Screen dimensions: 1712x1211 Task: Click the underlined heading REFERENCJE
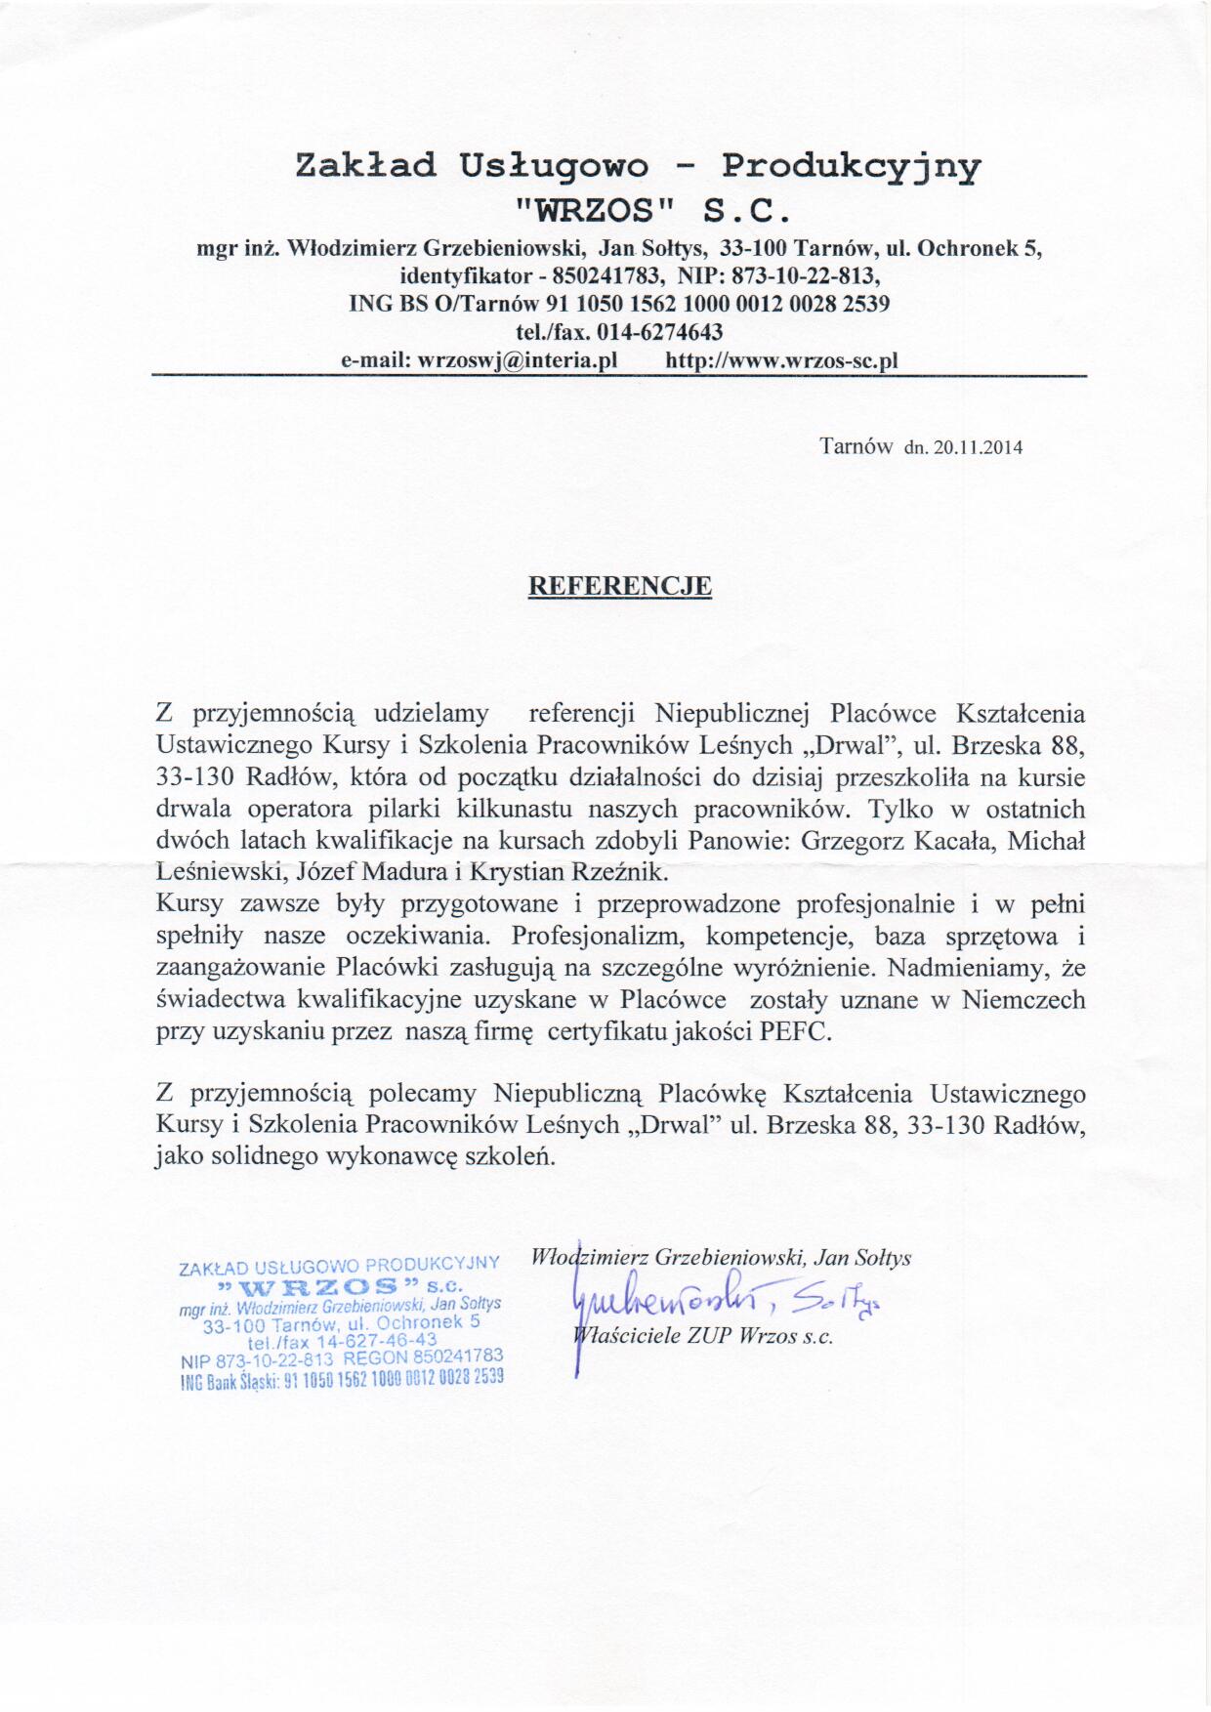619,586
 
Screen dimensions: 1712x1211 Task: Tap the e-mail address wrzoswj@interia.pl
518,360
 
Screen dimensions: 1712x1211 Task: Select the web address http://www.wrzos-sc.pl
781,360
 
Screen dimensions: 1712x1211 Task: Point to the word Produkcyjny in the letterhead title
852,167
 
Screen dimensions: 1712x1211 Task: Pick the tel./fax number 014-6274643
659,331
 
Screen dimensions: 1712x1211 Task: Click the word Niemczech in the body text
1023,1000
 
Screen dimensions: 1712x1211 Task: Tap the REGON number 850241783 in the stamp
457,1356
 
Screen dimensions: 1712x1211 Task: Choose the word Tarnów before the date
856,447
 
